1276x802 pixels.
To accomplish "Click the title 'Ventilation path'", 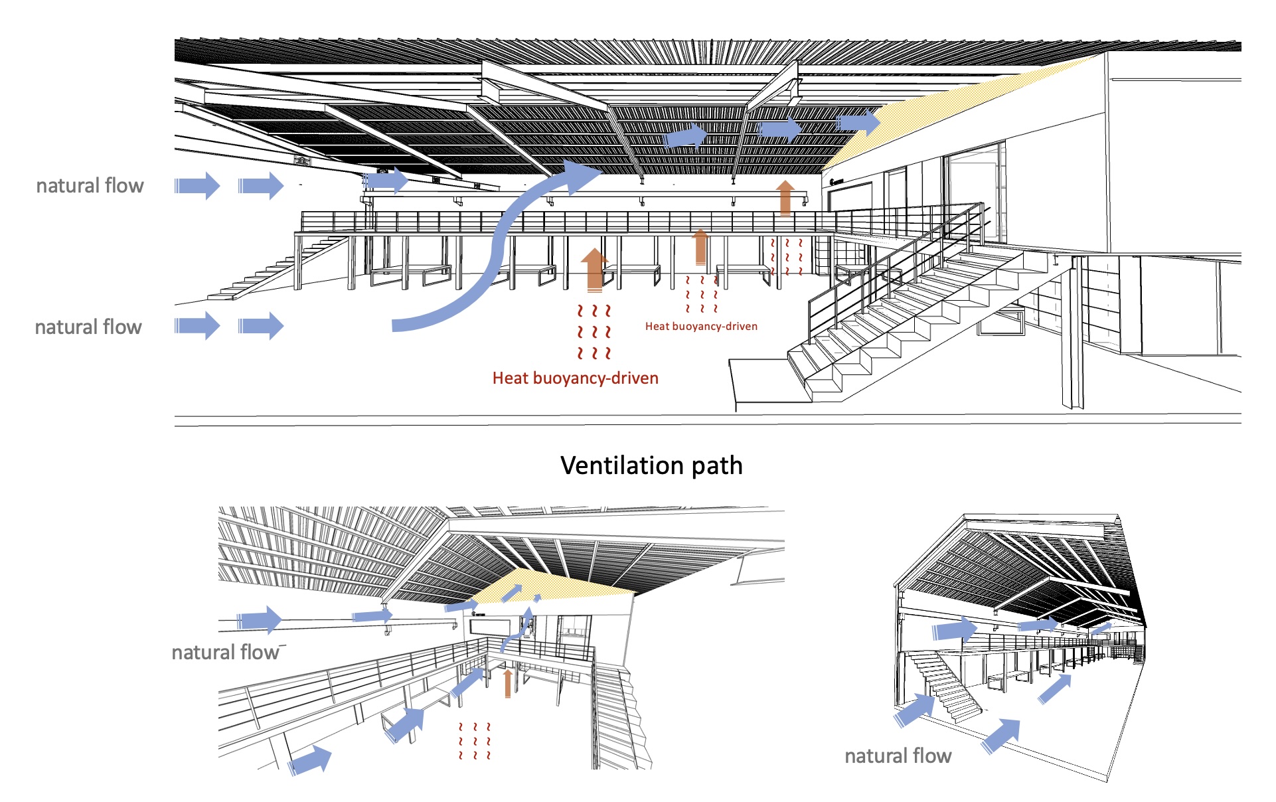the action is click(x=651, y=465).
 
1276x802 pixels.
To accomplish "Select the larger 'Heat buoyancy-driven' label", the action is click(x=576, y=378).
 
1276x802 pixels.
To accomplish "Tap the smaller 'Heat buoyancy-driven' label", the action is click(x=701, y=326).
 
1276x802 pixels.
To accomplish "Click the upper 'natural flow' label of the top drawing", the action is click(x=90, y=185).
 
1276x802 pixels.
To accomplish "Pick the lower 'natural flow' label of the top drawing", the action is click(x=88, y=327).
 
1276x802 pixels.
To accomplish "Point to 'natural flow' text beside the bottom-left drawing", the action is click(x=226, y=653).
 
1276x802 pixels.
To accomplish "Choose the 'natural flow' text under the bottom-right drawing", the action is click(x=898, y=756).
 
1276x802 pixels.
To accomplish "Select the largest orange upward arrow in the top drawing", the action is click(x=594, y=270).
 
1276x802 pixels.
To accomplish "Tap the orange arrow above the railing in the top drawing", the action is click(x=785, y=197).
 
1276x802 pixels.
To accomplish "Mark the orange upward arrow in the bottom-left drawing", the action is click(x=508, y=683).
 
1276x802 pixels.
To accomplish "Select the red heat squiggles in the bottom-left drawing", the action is click(x=474, y=742).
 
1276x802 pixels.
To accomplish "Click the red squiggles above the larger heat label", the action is click(x=594, y=331).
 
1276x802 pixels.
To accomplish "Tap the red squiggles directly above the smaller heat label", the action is click(x=701, y=294).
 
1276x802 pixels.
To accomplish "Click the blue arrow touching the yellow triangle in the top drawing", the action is click(x=858, y=122).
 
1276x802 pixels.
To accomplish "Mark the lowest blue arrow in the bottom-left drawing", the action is click(x=310, y=759).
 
